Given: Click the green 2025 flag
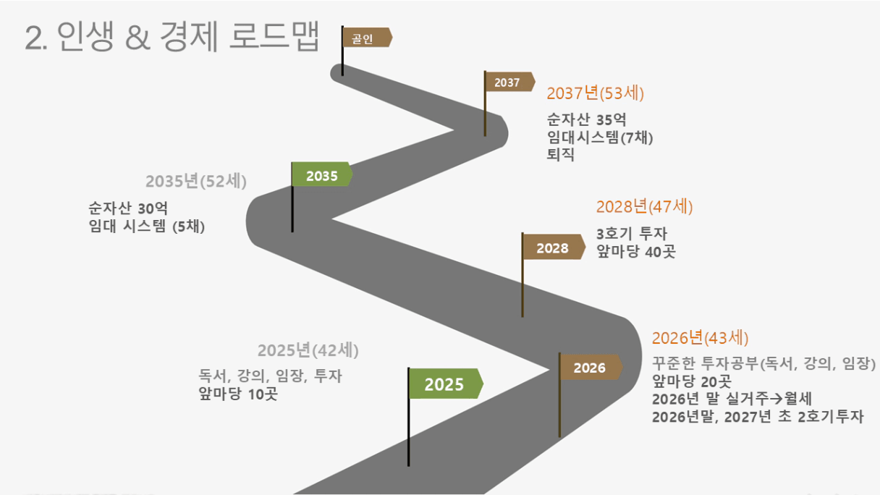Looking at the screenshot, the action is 446,384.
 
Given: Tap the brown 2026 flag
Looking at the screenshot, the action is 591,368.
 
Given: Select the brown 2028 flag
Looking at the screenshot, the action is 554,247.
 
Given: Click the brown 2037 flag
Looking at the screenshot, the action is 509,82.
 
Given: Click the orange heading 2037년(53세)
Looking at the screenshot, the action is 595,93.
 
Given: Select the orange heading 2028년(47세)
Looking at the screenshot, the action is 644,207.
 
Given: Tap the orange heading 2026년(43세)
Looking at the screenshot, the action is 700,338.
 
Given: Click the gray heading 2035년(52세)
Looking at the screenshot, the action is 196,181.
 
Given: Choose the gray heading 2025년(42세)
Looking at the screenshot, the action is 308,350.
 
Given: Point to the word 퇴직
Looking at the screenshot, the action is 561,154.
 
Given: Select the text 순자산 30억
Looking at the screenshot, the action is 128,208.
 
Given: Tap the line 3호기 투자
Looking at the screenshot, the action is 632,234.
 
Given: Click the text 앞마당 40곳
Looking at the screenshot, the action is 636,251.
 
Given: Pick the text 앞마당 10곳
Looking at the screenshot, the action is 238,394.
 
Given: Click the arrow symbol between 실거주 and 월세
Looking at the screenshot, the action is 777,399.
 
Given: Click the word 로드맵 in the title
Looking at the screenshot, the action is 274,36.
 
